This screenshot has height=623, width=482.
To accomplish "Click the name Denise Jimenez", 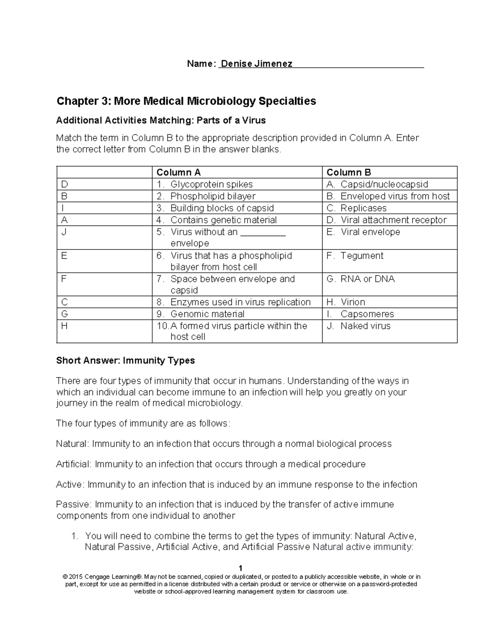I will click(257, 64).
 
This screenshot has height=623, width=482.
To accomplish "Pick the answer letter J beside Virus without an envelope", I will click(63, 232).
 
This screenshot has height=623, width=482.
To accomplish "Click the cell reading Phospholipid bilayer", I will click(213, 196).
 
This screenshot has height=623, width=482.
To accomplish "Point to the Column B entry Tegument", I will click(361, 256).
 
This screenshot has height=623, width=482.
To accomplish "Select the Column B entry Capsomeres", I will click(367, 314).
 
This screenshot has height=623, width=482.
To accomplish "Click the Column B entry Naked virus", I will click(365, 326).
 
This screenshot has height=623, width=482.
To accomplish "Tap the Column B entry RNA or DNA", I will click(367, 279).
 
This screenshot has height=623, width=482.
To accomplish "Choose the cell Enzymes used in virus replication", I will click(240, 302).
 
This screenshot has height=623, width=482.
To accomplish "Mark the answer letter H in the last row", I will click(64, 326).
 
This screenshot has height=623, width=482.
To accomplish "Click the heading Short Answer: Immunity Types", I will click(125, 361).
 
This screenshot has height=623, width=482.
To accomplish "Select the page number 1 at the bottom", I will click(240, 568).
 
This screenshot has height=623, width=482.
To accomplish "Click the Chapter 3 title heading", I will click(186, 101).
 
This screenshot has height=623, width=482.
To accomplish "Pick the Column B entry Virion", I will click(352, 302).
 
